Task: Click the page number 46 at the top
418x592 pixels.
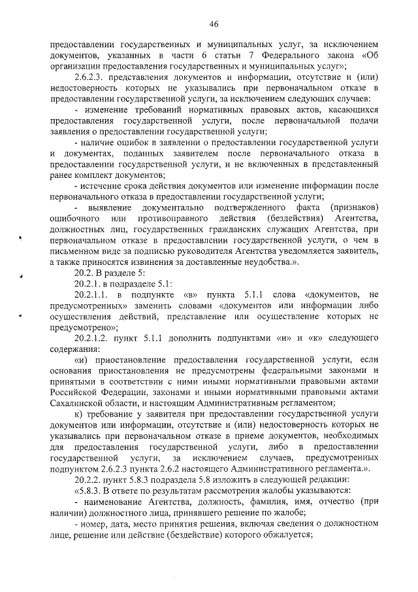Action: [213, 24]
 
